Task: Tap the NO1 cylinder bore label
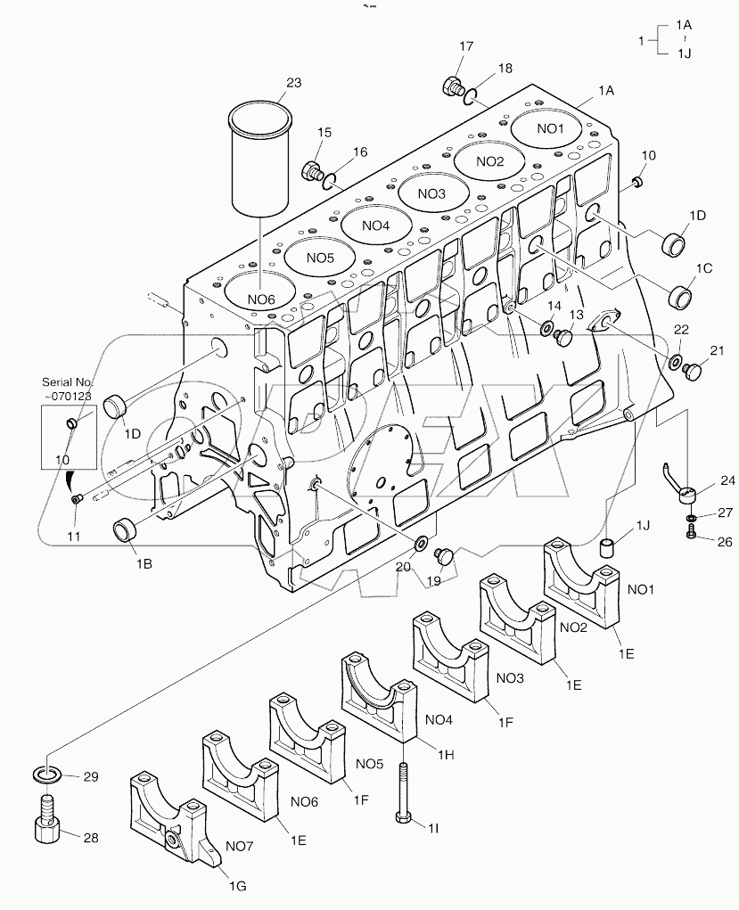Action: click(x=551, y=128)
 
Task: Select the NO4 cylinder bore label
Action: click(x=375, y=225)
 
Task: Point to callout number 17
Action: click(x=466, y=46)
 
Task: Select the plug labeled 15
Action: click(x=313, y=169)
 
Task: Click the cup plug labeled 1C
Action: click(x=682, y=293)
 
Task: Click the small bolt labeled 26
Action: click(x=692, y=533)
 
